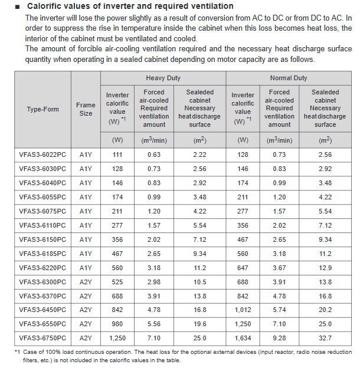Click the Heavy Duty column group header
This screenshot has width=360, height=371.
tap(163, 78)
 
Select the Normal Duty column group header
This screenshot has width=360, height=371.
tap(289, 78)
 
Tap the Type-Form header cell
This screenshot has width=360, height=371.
tap(42, 109)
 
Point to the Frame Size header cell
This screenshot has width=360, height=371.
tap(86, 109)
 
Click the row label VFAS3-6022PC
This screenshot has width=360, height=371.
tap(42, 155)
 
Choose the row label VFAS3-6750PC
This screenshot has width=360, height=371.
tap(42, 338)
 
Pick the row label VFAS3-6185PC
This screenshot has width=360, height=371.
tap(42, 254)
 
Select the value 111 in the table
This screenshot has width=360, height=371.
tap(117, 155)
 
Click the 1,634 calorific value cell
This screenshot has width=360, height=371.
tap(243, 338)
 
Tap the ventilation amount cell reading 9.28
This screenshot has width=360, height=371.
tap(279, 338)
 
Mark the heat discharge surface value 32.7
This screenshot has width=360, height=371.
tap(325, 338)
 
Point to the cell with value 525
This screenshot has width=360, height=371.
tap(117, 282)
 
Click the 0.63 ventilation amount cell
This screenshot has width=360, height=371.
tap(154, 155)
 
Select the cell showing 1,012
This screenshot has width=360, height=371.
tap(243, 310)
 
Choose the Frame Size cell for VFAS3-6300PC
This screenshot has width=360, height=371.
tap(86, 282)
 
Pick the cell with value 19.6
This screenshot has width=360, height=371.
tap(200, 324)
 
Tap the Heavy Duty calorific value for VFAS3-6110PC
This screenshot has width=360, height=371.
tap(117, 225)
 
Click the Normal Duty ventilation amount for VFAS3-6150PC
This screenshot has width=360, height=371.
tap(279, 239)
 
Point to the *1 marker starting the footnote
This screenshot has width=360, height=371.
tap(17, 352)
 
